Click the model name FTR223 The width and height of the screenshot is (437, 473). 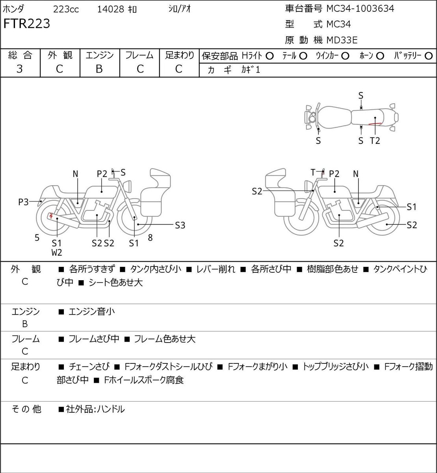(x=26, y=24)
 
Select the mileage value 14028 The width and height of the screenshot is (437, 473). (x=110, y=9)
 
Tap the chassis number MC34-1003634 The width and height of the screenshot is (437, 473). (x=360, y=9)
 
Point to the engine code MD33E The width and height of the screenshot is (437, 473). (x=342, y=40)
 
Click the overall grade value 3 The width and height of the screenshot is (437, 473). (x=20, y=69)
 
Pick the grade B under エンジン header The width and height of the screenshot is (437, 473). (x=99, y=69)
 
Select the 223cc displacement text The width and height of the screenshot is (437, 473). (x=66, y=9)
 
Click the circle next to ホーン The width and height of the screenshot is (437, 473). (x=380, y=56)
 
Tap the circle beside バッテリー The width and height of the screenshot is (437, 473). (x=428, y=56)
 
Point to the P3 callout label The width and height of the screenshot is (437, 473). (x=23, y=202)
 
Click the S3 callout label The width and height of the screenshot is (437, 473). (x=180, y=225)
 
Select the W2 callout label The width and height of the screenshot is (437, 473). (x=57, y=252)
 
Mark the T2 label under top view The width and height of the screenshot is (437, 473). (x=375, y=141)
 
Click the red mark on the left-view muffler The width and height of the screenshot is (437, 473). (x=51, y=216)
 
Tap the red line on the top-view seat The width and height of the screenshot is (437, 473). (x=375, y=124)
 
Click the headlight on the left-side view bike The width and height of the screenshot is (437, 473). (x=127, y=186)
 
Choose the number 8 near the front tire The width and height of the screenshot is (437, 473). (x=150, y=237)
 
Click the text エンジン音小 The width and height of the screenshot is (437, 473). (x=92, y=311)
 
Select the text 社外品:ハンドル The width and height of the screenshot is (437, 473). (x=95, y=409)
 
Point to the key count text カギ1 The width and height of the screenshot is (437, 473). (x=251, y=70)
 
